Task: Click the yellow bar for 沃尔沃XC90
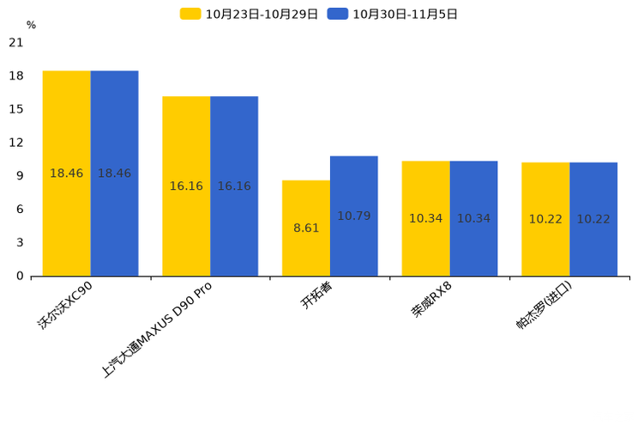click(67, 173)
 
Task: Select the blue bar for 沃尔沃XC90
click(114, 173)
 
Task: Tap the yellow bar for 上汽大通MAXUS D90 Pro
click(186, 186)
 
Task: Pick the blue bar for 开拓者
click(354, 216)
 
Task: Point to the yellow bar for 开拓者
click(306, 228)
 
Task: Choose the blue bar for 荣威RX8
click(473, 218)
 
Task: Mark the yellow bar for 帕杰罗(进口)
click(545, 219)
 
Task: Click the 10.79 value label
click(354, 216)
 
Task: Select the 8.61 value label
click(306, 228)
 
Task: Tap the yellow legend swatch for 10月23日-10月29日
click(190, 14)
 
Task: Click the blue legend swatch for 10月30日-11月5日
click(338, 14)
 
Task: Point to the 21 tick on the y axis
click(16, 42)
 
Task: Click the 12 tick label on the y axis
click(16, 143)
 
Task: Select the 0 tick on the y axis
click(20, 276)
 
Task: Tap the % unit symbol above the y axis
click(32, 25)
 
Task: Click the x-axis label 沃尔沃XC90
click(65, 306)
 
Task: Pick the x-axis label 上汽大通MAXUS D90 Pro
click(157, 330)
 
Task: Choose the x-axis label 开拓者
click(316, 295)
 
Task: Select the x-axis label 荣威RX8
click(431, 299)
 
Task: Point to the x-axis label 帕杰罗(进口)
click(544, 305)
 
